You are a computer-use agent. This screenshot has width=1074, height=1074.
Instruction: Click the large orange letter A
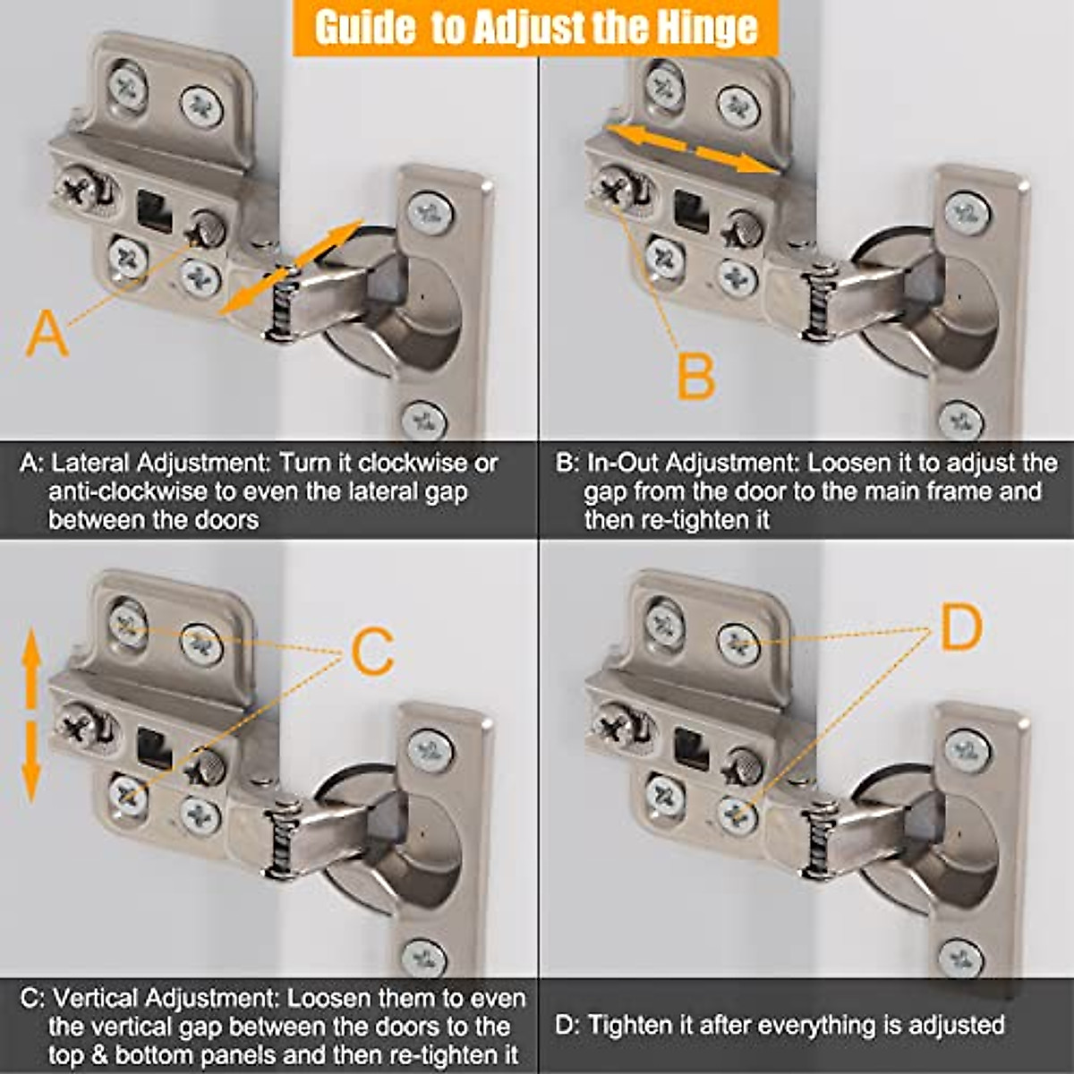pos(47,335)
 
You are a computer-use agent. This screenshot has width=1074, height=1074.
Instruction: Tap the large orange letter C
pos(373,652)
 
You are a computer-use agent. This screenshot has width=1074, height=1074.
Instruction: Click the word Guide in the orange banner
pos(364,28)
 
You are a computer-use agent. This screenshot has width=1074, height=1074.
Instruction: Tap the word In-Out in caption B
pos(623,463)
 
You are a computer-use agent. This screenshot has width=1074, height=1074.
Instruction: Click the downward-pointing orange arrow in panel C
pos(30,762)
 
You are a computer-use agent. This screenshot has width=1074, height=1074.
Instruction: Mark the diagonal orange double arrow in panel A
pos(290,267)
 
